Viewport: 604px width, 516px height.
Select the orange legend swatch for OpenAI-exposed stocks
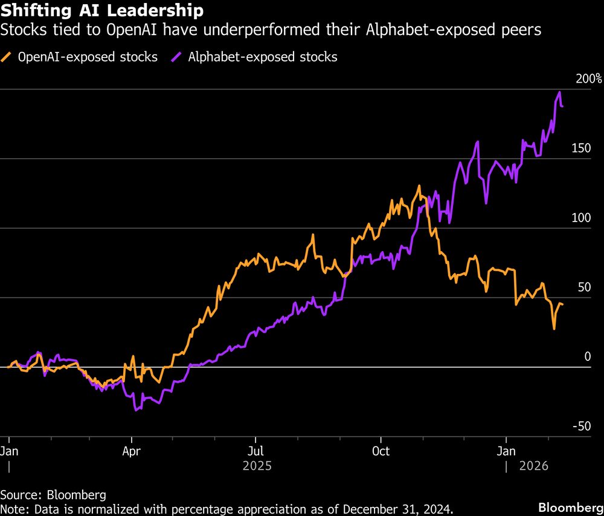(x=8, y=58)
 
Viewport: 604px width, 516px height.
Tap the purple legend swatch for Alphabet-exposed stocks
(x=178, y=58)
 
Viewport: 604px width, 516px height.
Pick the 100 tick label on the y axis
(x=580, y=217)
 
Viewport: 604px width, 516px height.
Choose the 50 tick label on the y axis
(x=583, y=287)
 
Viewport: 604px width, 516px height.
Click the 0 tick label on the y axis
(x=586, y=356)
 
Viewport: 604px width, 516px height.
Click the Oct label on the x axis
(x=381, y=451)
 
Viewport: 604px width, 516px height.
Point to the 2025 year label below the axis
(x=257, y=467)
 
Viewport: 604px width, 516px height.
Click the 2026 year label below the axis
(x=533, y=467)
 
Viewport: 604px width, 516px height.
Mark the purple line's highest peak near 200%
(x=559, y=92)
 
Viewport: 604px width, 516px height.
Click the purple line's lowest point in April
(x=136, y=410)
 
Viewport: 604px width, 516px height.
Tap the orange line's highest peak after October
(x=419, y=186)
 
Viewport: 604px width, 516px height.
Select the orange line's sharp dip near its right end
(x=554, y=328)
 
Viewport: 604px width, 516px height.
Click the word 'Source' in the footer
(x=20, y=495)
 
